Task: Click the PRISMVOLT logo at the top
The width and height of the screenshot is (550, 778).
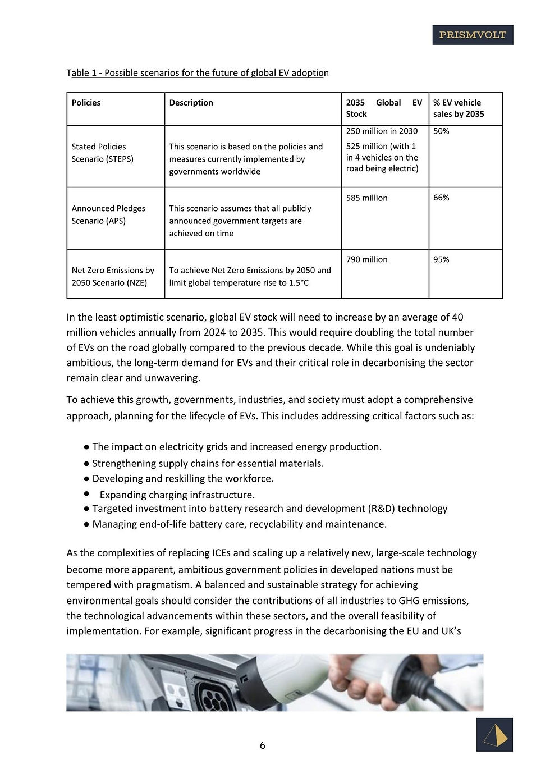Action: (473, 35)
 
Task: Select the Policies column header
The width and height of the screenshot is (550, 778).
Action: (86, 103)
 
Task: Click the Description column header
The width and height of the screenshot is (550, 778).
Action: (191, 103)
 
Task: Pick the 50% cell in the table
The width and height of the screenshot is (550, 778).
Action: (441, 131)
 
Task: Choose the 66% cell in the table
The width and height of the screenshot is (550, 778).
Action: (441, 198)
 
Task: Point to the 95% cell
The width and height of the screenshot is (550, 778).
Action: (441, 260)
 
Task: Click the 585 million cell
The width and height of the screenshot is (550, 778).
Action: (367, 198)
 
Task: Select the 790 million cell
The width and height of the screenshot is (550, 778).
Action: (367, 260)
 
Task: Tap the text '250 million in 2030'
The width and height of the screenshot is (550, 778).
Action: (382, 131)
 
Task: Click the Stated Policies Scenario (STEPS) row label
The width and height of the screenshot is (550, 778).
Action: (103, 153)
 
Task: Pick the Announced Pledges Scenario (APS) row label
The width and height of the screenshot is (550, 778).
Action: (108, 214)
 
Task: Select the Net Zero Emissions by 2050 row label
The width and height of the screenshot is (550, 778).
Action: (113, 276)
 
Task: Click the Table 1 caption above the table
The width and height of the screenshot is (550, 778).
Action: (198, 73)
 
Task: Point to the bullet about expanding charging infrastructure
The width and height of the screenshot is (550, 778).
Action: (177, 495)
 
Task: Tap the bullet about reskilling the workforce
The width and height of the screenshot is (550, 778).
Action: (183, 479)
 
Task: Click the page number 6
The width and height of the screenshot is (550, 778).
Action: (263, 745)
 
